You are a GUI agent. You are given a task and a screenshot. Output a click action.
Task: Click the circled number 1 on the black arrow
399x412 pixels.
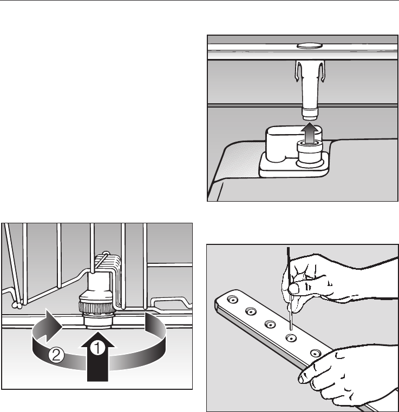click(97, 348)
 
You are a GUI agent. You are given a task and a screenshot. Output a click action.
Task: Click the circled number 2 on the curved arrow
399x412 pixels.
click(56, 355)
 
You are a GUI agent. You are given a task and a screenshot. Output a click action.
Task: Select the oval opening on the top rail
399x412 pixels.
click(310, 46)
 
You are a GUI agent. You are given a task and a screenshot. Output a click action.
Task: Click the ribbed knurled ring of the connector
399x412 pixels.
click(97, 307)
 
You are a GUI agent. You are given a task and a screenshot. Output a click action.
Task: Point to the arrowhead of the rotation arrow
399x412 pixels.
click(54, 326)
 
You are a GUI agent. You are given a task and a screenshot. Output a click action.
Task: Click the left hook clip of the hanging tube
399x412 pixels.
click(298, 71)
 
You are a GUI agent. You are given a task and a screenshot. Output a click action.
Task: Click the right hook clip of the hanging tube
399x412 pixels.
click(322, 71)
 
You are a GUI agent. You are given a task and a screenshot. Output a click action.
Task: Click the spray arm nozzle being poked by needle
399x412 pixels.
click(291, 338)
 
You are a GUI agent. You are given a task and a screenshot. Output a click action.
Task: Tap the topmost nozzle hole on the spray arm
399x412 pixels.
click(232, 300)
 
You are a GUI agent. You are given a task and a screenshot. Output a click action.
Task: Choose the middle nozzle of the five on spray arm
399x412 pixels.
click(270, 324)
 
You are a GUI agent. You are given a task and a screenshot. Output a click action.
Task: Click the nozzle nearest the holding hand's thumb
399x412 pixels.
click(316, 354)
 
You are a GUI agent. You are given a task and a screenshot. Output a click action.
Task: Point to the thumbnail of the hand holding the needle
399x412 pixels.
click(293, 289)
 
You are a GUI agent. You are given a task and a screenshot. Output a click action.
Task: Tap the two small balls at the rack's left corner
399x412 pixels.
click(17, 305)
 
